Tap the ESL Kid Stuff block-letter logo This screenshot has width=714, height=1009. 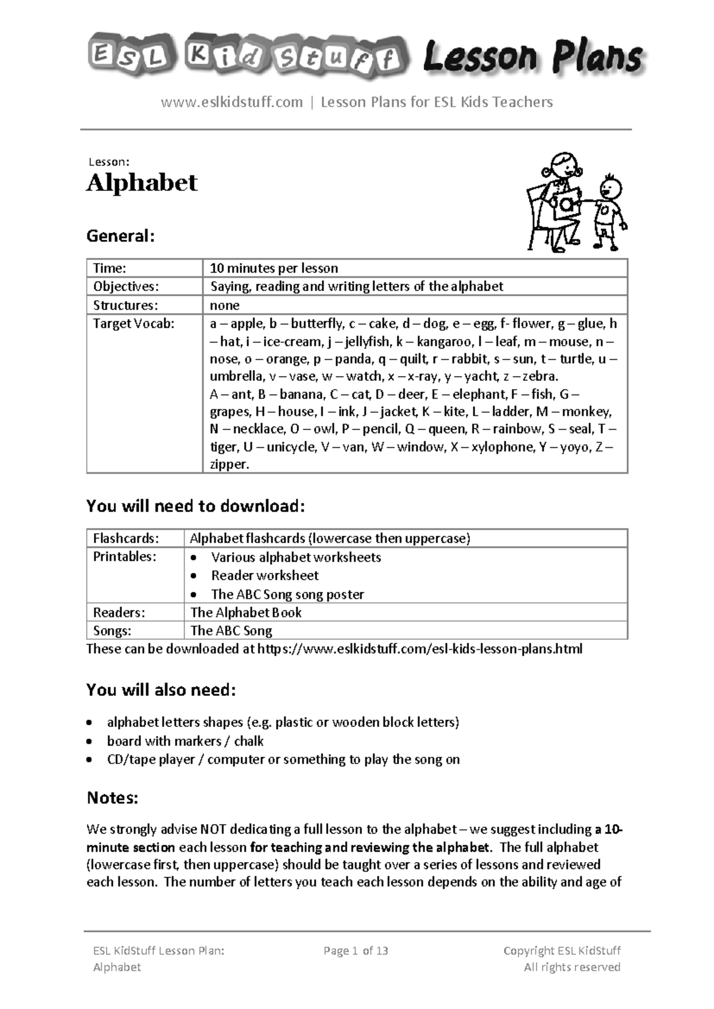pos(249,57)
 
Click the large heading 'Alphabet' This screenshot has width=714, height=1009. pos(142,183)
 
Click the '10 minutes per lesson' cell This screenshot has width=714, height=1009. pos(274,268)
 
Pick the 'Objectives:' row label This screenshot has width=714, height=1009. pos(126,287)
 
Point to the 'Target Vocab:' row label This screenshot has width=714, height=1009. pos(134,324)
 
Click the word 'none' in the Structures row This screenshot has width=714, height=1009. pos(224,305)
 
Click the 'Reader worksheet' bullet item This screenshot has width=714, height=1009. pos(265,575)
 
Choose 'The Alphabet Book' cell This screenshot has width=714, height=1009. pos(246,612)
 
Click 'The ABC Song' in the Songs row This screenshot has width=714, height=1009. pos(231,631)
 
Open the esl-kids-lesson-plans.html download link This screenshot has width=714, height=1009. pos(419,648)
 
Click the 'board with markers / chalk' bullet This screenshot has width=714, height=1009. pos(185,741)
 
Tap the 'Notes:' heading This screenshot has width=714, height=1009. pos(112,798)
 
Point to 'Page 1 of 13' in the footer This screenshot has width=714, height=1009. pos(356,951)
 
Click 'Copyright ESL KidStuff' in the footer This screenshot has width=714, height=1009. pos(562,951)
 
